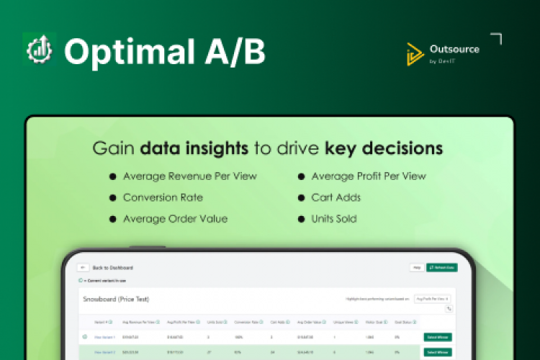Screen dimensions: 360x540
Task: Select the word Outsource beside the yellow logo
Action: tap(454, 49)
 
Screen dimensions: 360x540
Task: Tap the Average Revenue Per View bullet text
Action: tap(190, 176)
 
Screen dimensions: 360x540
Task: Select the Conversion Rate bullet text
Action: tap(163, 197)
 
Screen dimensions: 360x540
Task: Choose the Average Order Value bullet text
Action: tap(175, 219)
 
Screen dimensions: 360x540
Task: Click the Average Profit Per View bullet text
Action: tap(368, 176)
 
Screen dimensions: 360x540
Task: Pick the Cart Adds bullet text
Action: tap(336, 197)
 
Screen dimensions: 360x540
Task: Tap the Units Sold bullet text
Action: tap(333, 219)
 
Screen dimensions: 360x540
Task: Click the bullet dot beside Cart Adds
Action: tap(301, 197)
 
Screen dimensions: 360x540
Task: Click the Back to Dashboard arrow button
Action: tap(83, 267)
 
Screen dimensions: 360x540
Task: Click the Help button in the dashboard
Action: tap(416, 267)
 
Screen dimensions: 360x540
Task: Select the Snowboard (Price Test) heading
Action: tap(116, 299)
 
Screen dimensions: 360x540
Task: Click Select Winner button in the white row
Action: tap(438, 336)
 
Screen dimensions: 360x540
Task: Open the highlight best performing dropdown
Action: tap(432, 298)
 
